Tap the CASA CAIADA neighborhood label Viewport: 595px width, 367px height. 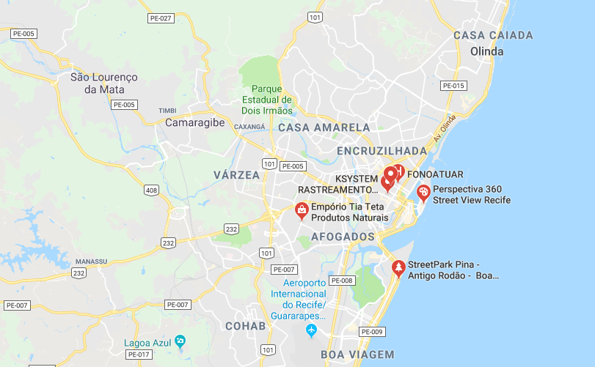(493, 35)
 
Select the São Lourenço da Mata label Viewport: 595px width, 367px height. (104, 83)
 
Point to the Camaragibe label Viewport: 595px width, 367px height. (194, 122)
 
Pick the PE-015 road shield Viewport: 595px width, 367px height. (453, 86)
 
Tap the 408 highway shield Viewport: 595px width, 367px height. (152, 190)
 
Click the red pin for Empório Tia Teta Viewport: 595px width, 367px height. (301, 210)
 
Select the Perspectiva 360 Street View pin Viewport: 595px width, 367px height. (423, 192)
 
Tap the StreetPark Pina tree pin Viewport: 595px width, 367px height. (398, 268)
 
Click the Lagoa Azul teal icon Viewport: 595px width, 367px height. (180, 341)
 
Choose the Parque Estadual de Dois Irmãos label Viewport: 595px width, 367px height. (266, 100)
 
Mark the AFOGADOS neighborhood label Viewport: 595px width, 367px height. (343, 237)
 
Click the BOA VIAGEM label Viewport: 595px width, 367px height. (357, 355)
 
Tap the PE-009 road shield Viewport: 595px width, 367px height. (373, 332)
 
